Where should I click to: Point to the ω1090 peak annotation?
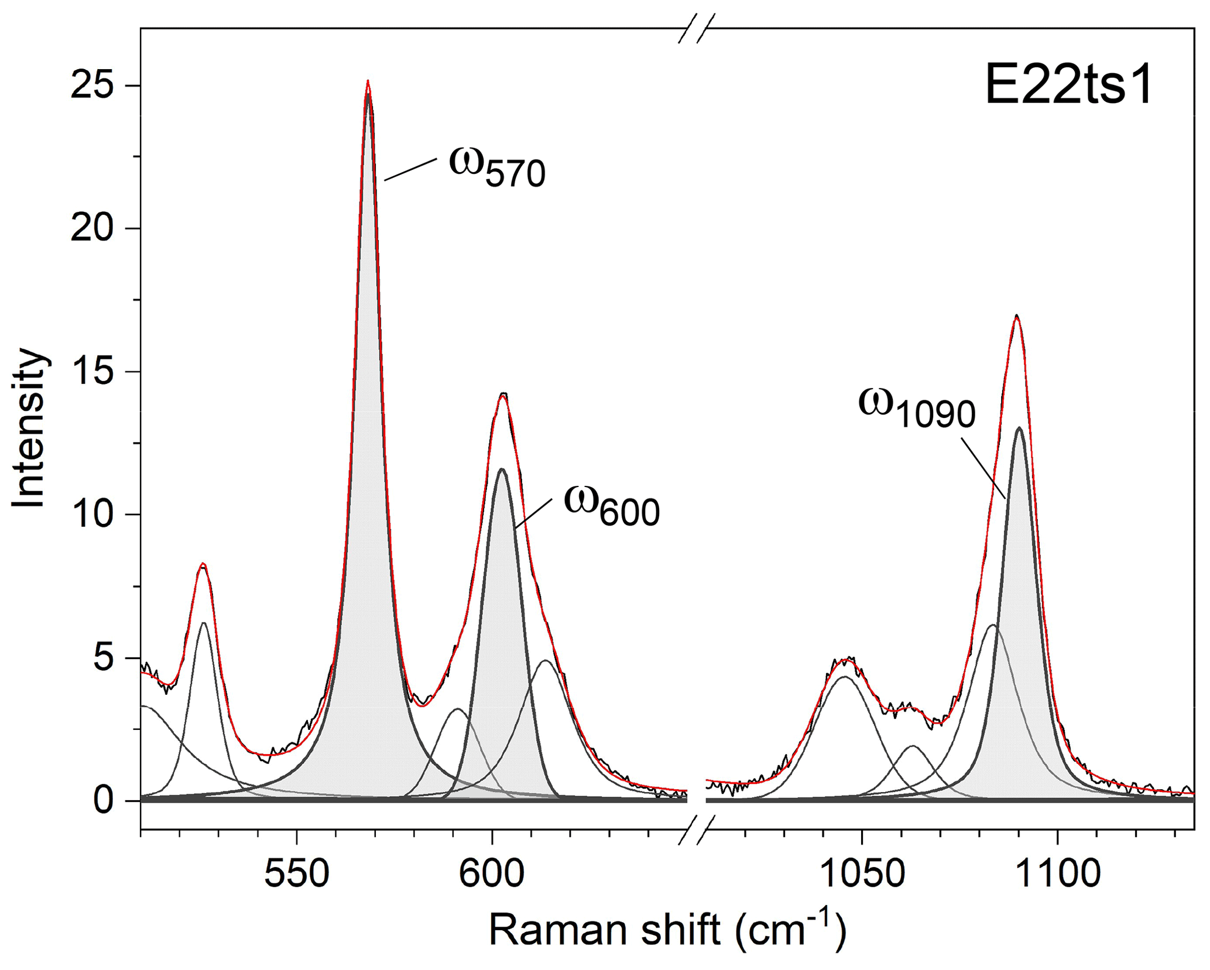tap(916, 407)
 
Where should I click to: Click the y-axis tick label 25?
tap(90, 86)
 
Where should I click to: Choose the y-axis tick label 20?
tap(90, 229)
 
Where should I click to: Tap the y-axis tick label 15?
tap(90, 372)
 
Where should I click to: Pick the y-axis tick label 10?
tap(90, 515)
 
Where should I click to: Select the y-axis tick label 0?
tap(102, 800)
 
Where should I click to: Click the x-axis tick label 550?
tap(297, 875)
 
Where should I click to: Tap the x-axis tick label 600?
tap(492, 875)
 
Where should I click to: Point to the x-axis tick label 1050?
tap(861, 875)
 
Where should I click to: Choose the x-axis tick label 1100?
tap(1057, 875)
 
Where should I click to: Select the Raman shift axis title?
tap(667, 931)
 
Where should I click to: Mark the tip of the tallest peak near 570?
tap(368, 81)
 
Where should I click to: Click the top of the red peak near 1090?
tap(1017, 317)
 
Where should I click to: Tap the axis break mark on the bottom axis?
tap(697, 830)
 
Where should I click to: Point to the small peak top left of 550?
tap(203, 564)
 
